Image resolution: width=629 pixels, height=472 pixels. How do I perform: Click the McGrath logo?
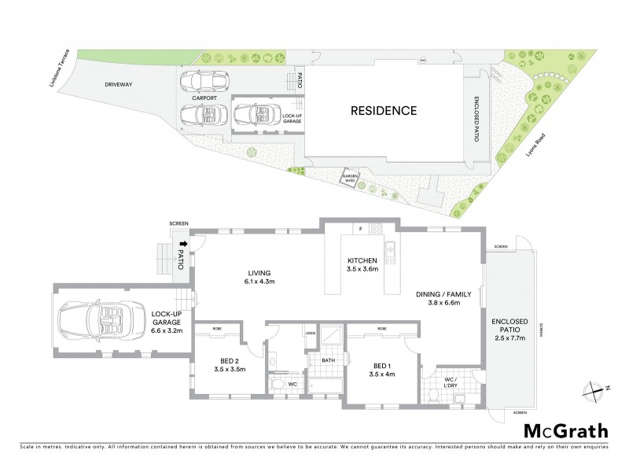[565, 430]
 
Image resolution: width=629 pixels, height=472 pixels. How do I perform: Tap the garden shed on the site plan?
[349, 179]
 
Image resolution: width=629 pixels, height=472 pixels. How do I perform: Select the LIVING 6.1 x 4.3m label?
[258, 278]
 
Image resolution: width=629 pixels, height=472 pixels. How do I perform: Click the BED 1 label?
[380, 368]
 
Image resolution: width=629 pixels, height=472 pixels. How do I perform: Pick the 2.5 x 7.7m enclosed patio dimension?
[509, 337]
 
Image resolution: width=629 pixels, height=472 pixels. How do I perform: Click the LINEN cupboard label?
[310, 334]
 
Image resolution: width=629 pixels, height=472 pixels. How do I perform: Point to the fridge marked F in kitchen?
[359, 230]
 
